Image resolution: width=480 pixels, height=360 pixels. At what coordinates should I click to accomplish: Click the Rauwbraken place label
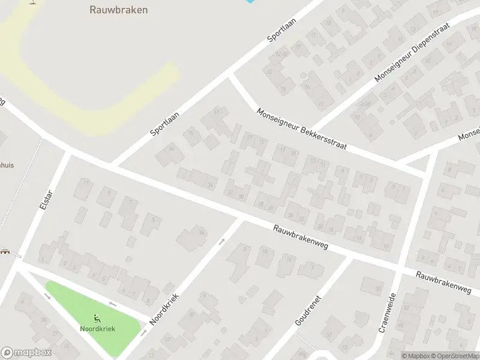(x=119, y=10)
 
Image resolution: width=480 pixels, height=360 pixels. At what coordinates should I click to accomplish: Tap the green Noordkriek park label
(x=98, y=328)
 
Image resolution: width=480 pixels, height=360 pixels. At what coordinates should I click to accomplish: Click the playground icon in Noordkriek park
(x=98, y=319)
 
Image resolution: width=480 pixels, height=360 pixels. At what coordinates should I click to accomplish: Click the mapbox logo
(x=26, y=353)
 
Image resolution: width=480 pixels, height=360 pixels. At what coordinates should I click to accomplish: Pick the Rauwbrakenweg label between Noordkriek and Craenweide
(x=300, y=238)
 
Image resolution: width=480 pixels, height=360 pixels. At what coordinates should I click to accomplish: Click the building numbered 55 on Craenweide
(x=379, y=290)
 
